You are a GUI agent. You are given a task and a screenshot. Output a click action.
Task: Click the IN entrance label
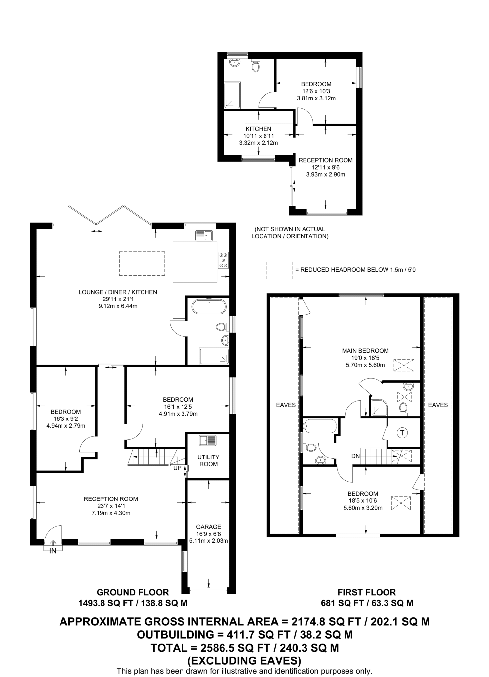point(53,551)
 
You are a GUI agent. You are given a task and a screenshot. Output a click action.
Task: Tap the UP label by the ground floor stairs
point(177,468)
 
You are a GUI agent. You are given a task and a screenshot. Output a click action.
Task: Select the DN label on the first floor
point(355,456)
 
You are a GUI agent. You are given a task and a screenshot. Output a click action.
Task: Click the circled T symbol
point(402,433)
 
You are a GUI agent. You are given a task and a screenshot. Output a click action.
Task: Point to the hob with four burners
point(223,260)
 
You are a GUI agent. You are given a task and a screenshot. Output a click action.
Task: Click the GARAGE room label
point(208,527)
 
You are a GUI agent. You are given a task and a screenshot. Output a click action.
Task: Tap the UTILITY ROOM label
point(208,460)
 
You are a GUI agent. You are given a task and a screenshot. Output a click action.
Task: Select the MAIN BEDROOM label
point(365,351)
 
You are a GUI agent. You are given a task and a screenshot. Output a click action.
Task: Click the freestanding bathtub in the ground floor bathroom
point(209,306)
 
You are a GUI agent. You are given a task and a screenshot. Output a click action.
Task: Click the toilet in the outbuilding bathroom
point(255,66)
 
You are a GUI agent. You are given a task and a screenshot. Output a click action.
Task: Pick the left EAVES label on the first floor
point(286,405)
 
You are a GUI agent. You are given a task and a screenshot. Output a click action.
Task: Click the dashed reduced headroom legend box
point(279,270)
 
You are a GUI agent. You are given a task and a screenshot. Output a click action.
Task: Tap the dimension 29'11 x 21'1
point(117,299)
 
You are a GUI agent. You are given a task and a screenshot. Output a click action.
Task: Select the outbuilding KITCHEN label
point(258,129)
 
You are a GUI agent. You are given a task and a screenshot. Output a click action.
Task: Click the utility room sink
point(208,440)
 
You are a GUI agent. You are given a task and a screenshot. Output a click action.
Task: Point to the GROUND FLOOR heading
point(133,592)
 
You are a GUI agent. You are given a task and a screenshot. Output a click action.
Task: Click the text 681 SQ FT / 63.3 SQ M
point(367,603)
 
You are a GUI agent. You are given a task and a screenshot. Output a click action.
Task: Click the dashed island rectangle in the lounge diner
point(142,263)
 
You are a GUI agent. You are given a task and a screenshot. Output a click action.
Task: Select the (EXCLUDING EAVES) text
point(244,660)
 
